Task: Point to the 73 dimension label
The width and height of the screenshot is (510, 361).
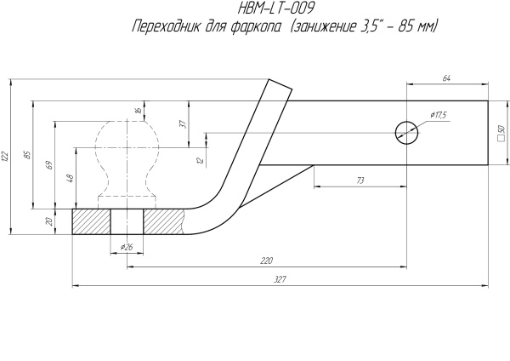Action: tap(360, 180)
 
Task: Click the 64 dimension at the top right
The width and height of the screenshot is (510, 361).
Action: tap(447, 78)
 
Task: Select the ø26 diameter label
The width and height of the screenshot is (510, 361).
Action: tap(127, 246)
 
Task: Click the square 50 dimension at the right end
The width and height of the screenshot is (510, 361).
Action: tap(501, 132)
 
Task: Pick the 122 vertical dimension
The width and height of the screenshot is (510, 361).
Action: tap(5, 157)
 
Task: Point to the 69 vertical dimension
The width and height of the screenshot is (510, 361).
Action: tap(48, 163)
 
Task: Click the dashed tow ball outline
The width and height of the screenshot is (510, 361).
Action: tap(127, 158)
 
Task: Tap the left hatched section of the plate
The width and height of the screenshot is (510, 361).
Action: tap(91, 222)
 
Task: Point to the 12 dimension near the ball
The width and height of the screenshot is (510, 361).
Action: tap(198, 160)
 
